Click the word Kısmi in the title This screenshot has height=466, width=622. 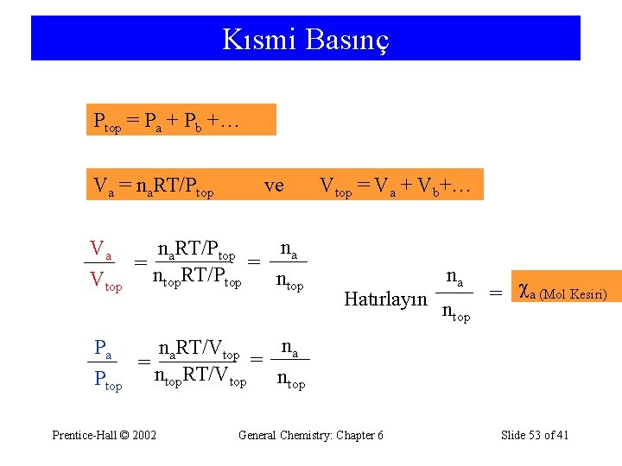(x=258, y=39)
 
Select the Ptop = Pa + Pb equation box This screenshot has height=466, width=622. (x=181, y=120)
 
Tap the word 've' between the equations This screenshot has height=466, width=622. (x=273, y=186)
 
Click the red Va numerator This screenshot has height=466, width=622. (x=101, y=250)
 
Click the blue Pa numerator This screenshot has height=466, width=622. (x=102, y=349)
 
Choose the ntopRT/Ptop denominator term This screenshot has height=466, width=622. (x=196, y=278)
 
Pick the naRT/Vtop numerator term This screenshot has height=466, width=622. (x=198, y=350)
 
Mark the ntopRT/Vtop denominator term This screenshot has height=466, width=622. (x=199, y=377)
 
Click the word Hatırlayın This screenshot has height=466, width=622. (x=385, y=299)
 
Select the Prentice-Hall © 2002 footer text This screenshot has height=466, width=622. (x=105, y=435)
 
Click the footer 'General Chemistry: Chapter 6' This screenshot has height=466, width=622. (x=311, y=435)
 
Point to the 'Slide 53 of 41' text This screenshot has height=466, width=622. (x=535, y=435)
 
